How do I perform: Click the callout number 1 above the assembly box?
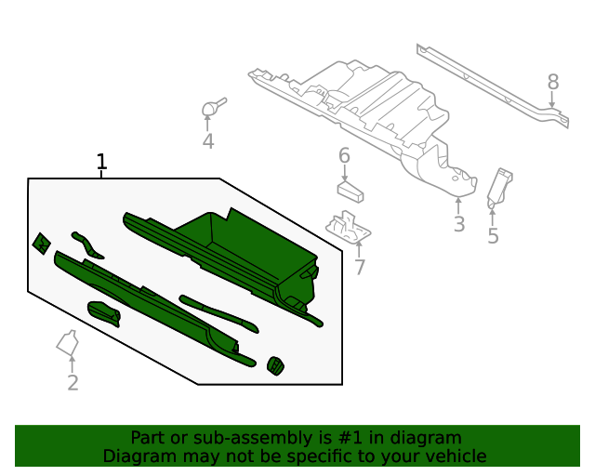point(102,163)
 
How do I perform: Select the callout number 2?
point(73,382)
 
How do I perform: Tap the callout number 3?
point(458,224)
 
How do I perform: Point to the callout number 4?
point(208,141)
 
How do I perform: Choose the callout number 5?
point(493,236)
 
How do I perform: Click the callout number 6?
point(344,155)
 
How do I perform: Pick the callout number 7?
point(359,268)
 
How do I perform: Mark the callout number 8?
point(553,82)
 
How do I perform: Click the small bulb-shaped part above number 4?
point(211,109)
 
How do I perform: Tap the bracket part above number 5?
point(499,185)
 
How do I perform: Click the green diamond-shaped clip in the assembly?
point(41,244)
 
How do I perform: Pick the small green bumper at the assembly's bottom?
point(276,366)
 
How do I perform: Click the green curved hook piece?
point(87,244)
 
